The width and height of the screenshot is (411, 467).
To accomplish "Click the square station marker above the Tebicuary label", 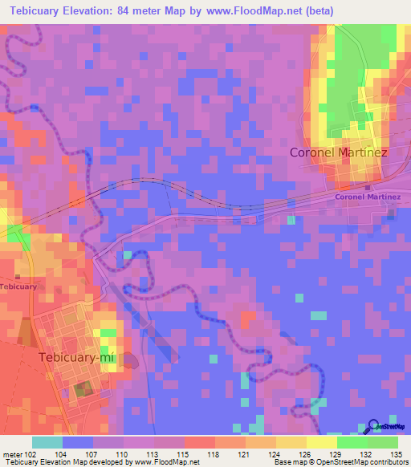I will point(17,277).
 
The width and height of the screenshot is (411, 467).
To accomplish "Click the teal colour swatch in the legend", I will point(47,442).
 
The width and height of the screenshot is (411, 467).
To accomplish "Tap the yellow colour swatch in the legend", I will point(321,442).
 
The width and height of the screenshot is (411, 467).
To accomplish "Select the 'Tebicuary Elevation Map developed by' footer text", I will point(55,462).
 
